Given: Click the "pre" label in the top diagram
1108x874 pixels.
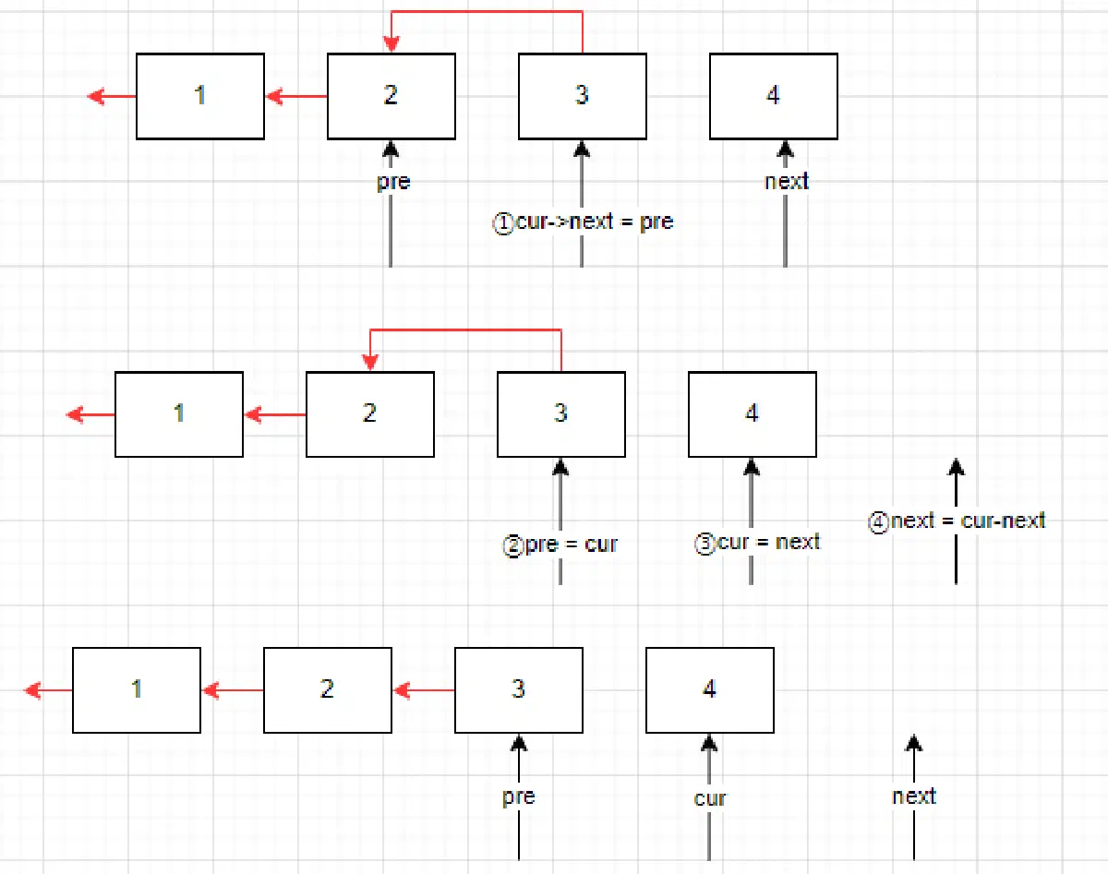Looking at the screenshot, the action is (x=393, y=182).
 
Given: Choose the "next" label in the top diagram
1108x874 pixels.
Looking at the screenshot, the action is (x=786, y=181).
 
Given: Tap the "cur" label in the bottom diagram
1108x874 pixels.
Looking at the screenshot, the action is (x=709, y=798).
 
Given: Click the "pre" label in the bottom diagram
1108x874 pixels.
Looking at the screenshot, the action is (x=519, y=796).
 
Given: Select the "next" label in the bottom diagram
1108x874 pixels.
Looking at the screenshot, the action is (x=914, y=796).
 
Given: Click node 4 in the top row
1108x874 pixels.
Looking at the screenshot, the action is (x=774, y=96).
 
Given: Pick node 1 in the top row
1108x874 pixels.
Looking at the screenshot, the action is (x=200, y=96).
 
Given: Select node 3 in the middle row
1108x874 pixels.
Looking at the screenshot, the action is (x=561, y=414).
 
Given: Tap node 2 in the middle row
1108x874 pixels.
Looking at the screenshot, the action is (x=370, y=414).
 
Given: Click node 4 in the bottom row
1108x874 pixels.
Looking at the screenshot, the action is (x=710, y=690).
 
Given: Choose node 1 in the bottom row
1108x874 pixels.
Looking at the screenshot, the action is (x=137, y=690).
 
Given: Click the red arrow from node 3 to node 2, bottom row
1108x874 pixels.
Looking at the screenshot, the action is (x=424, y=690).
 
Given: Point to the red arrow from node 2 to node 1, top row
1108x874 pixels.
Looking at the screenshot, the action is (x=296, y=96).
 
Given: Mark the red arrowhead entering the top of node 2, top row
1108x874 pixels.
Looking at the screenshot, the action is (x=391, y=44).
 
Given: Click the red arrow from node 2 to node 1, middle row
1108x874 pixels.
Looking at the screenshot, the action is (x=275, y=414).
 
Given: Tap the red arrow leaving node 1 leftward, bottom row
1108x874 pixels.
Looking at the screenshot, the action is (x=48, y=690).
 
